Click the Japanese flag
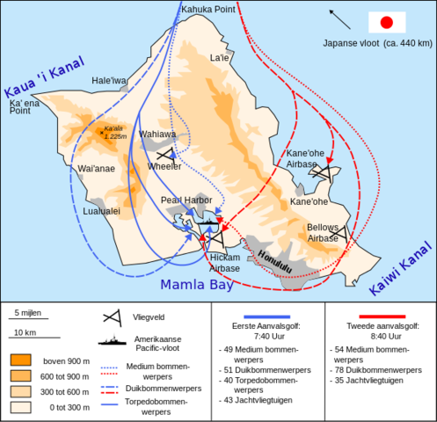pos(386,22)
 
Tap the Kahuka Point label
pos(208,11)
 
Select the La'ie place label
pos(219,58)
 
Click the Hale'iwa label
pos(109,80)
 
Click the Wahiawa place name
pos(157,135)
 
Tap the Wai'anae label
pos(96,168)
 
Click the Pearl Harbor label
pos(186,200)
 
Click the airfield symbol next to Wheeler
pos(163,153)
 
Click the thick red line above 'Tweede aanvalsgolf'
pos(380,316)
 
